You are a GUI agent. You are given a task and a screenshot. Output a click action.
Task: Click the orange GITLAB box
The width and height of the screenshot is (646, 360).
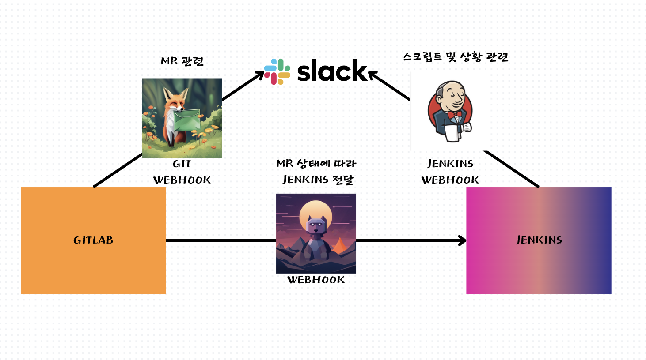tap(93, 240)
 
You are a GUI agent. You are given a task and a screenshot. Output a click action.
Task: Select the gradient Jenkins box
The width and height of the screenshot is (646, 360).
tap(539, 240)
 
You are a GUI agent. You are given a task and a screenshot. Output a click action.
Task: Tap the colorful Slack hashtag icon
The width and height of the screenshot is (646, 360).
tap(277, 71)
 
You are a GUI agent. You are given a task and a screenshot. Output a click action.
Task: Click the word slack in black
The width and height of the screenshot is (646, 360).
tap(332, 71)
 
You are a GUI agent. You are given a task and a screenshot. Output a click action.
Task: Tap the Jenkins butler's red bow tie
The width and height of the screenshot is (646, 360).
tap(455, 115)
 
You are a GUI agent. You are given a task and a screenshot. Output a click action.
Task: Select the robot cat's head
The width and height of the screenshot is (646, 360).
tap(316, 225)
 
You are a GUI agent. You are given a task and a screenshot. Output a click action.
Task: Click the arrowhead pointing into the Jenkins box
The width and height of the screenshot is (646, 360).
tap(463, 240)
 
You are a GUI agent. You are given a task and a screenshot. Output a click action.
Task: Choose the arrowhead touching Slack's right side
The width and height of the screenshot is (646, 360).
tap(373, 75)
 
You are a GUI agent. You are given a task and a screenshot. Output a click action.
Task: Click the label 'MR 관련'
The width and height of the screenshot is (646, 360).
tap(182, 61)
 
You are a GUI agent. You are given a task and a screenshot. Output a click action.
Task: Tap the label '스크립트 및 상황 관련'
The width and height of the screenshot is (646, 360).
tap(456, 57)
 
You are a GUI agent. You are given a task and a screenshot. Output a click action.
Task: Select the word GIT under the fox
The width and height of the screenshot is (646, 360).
tap(182, 164)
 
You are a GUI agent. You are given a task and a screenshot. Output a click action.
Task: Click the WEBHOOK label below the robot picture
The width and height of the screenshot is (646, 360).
tap(316, 280)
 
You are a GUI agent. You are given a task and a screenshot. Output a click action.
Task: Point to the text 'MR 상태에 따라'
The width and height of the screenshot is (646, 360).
tap(316, 164)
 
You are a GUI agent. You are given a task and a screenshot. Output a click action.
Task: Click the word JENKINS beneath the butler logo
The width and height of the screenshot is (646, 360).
tap(450, 164)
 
